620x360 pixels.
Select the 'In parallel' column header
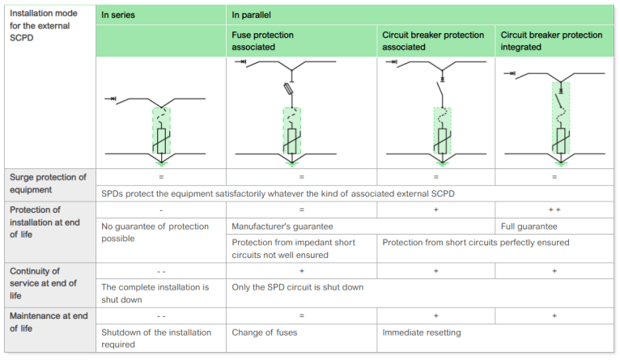tap(253, 15)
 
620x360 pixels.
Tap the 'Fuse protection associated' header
tap(262, 41)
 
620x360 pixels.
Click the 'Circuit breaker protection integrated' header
tap(551, 41)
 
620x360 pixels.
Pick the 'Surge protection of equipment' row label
tap(46, 184)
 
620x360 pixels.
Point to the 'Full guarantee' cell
tap(529, 227)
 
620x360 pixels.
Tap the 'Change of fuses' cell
tap(265, 332)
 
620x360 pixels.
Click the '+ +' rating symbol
tap(554, 210)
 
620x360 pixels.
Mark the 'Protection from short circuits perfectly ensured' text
tap(475, 243)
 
